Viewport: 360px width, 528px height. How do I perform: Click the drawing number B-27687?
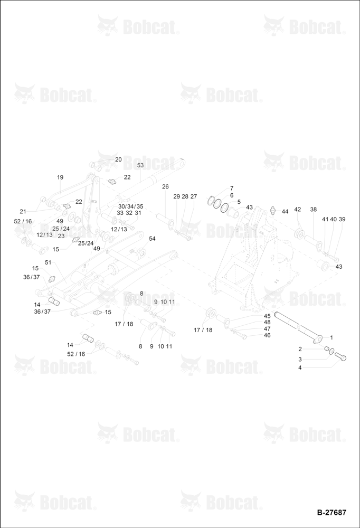coord(331,512)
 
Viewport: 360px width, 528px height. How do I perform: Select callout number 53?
coord(140,165)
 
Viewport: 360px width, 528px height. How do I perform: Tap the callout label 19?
coord(60,177)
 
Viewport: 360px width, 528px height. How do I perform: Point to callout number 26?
coord(165,186)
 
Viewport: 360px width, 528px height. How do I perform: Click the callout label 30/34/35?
coord(130,206)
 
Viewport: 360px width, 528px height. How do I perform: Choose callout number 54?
coord(152,239)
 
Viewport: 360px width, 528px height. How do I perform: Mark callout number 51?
coord(48,262)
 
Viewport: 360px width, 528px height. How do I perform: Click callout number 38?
coord(313,209)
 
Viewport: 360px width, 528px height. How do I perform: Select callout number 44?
coord(285,212)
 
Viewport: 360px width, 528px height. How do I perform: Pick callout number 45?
coord(267,316)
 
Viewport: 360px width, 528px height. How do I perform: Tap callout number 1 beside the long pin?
coord(331,337)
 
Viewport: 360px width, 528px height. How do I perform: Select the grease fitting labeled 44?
coord(273,210)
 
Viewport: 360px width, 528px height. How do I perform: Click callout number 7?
coord(231,188)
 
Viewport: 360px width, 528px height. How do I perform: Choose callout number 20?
coord(118,159)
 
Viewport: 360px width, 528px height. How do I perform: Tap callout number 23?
coord(61,236)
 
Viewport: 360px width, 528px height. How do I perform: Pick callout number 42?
coord(297,209)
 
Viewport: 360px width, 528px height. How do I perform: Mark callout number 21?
coord(23,212)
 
